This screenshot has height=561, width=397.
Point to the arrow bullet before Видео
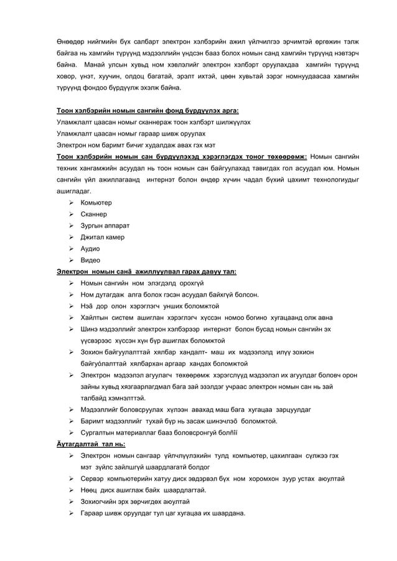(72, 260)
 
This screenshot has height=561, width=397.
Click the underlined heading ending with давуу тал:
(146, 272)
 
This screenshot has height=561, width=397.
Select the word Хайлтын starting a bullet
(95, 318)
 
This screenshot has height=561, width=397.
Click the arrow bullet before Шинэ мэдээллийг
(72, 329)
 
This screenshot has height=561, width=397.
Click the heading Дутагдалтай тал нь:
(91, 444)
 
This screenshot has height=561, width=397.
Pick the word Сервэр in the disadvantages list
(94, 479)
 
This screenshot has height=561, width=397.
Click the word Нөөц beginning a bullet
(90, 490)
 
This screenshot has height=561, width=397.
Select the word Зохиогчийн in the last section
(101, 501)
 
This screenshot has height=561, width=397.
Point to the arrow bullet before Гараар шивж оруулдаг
(72, 513)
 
